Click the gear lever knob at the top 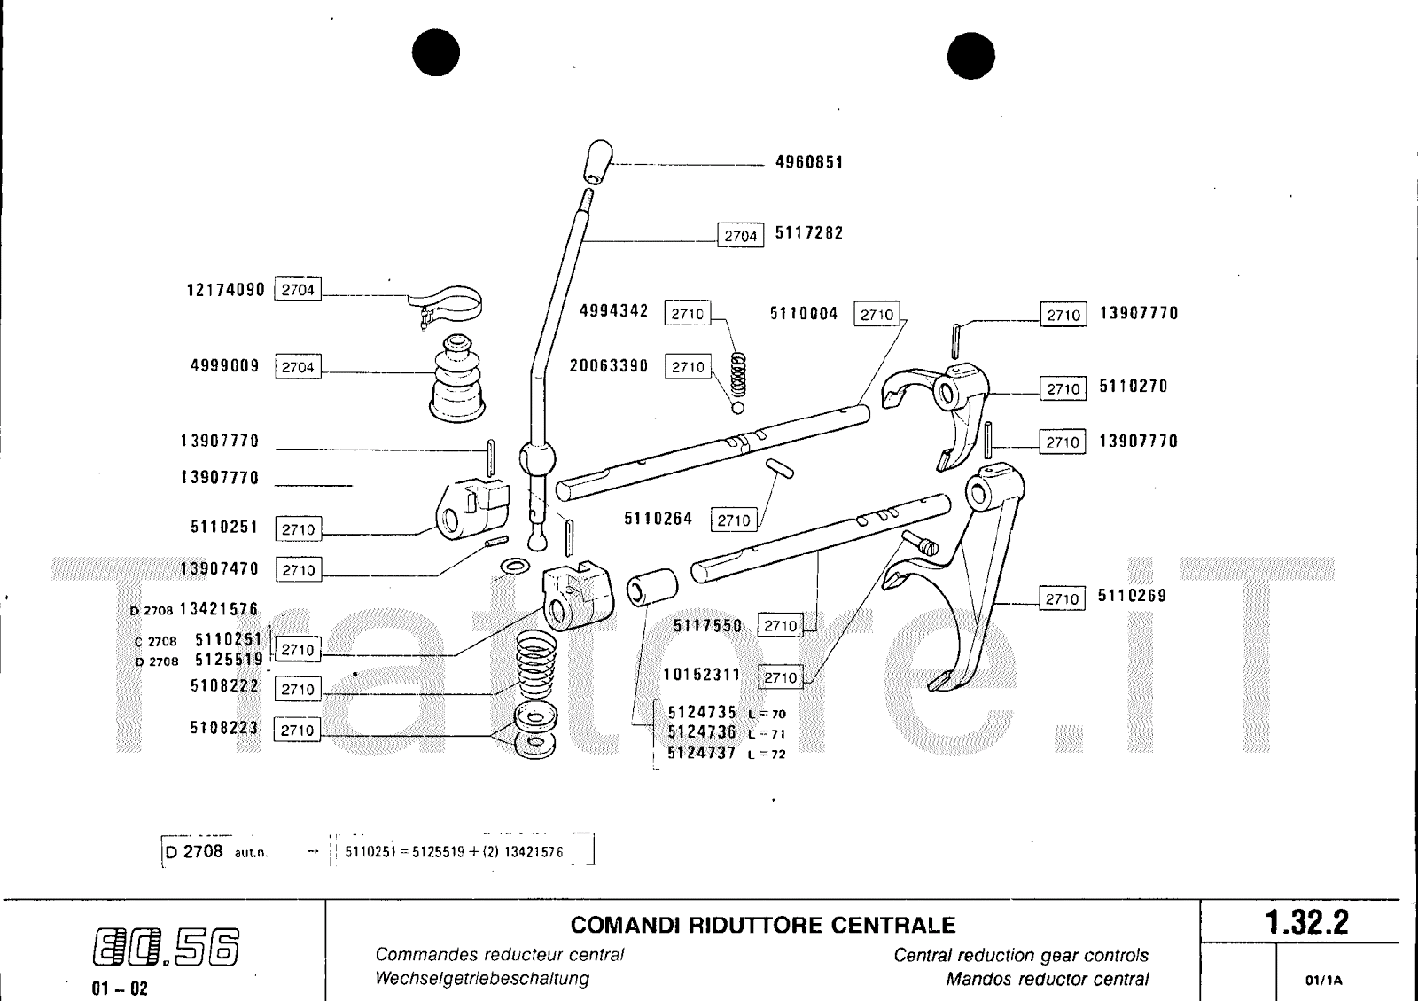pyautogui.click(x=599, y=160)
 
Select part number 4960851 pyautogui.click(x=809, y=162)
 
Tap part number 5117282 pyautogui.click(x=809, y=233)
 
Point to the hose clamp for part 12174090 pyautogui.click(x=452, y=301)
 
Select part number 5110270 pyautogui.click(x=1134, y=387)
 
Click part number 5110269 pyautogui.click(x=1132, y=596)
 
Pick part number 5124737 pyautogui.click(x=701, y=754)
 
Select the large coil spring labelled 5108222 pyautogui.click(x=541, y=668)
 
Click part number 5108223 pyautogui.click(x=224, y=728)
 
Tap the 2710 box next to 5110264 pyautogui.click(x=734, y=520)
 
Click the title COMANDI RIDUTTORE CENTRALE pyautogui.click(x=763, y=926)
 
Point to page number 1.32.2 pyautogui.click(x=1307, y=923)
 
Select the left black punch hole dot pyautogui.click(x=435, y=53)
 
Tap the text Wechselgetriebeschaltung pyautogui.click(x=482, y=979)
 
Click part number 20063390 pyautogui.click(x=609, y=366)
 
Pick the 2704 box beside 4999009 pyautogui.click(x=298, y=367)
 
